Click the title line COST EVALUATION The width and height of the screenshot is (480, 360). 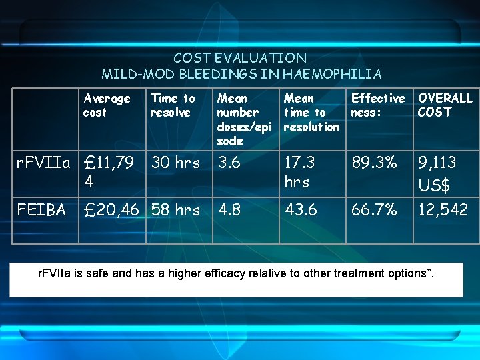(x=240, y=58)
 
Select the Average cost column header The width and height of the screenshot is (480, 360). (x=107, y=105)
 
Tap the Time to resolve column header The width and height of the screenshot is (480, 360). (x=173, y=105)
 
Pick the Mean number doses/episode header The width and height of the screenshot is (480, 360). (x=241, y=119)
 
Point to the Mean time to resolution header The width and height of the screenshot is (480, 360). (x=311, y=112)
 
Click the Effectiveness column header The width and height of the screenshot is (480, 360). (x=377, y=105)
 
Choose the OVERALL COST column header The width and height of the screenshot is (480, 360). (x=445, y=105)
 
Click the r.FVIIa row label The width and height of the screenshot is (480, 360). (x=43, y=163)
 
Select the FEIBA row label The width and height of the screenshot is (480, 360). (x=42, y=210)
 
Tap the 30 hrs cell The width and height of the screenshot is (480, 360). (x=175, y=163)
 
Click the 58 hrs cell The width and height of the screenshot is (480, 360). (x=175, y=210)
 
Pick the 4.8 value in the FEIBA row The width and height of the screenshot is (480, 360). (x=231, y=210)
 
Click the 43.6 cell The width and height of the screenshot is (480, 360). (x=301, y=210)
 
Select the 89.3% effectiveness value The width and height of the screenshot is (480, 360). (x=374, y=163)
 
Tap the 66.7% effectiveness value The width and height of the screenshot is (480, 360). (x=374, y=210)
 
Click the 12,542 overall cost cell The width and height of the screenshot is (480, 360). (x=443, y=210)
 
